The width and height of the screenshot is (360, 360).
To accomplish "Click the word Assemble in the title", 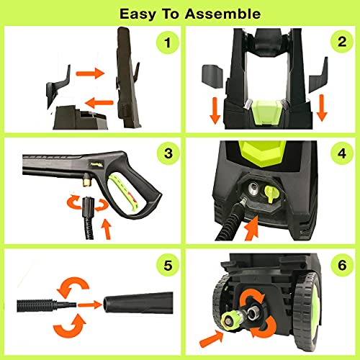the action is (x=222, y=14).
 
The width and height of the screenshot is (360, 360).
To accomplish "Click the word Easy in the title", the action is (x=138, y=14).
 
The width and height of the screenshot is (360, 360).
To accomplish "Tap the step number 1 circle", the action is (x=168, y=42).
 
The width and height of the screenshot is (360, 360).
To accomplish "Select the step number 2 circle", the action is (x=342, y=42).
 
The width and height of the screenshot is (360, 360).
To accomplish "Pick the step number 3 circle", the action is (x=168, y=153).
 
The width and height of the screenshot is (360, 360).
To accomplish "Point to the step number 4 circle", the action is (x=342, y=153).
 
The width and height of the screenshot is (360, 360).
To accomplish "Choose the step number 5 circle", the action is (x=168, y=265).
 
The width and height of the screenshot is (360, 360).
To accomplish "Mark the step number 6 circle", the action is (x=342, y=265).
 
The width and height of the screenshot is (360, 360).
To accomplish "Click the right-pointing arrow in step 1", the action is (x=90, y=73).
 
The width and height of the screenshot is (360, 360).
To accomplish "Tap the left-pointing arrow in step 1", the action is (x=99, y=103).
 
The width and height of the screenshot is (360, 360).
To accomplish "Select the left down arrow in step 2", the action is (x=215, y=110).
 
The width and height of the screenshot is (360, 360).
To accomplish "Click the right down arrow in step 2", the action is (x=322, y=108).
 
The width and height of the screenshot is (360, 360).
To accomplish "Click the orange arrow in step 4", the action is (x=251, y=228).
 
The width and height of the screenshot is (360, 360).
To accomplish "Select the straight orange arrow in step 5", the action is (x=89, y=305).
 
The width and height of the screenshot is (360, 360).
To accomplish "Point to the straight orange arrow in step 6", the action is (x=212, y=338).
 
